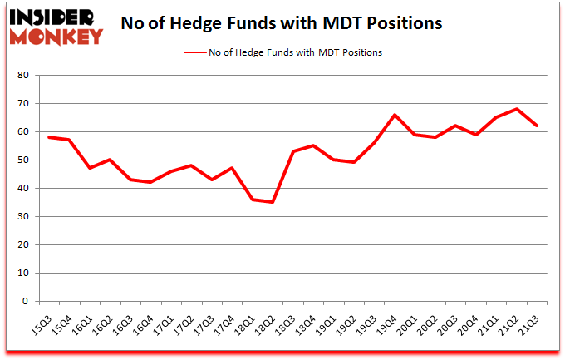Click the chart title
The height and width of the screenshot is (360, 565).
click(x=282, y=22)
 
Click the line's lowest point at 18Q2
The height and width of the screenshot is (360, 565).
click(x=272, y=202)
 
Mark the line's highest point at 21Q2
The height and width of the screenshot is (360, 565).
click(x=517, y=109)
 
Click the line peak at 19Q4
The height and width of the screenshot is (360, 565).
click(x=394, y=115)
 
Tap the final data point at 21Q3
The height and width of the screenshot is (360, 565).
click(x=537, y=126)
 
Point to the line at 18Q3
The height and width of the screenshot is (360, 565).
click(x=292, y=151)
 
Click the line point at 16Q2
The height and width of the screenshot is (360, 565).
click(x=109, y=160)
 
